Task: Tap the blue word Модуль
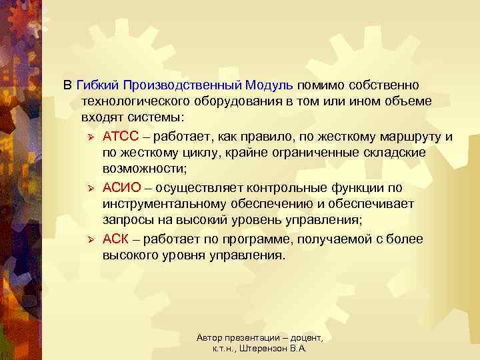click(x=269, y=85)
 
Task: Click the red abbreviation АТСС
click(x=121, y=137)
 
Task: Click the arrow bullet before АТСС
click(x=92, y=137)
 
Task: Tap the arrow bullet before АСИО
click(x=92, y=188)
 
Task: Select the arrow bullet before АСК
click(x=92, y=239)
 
